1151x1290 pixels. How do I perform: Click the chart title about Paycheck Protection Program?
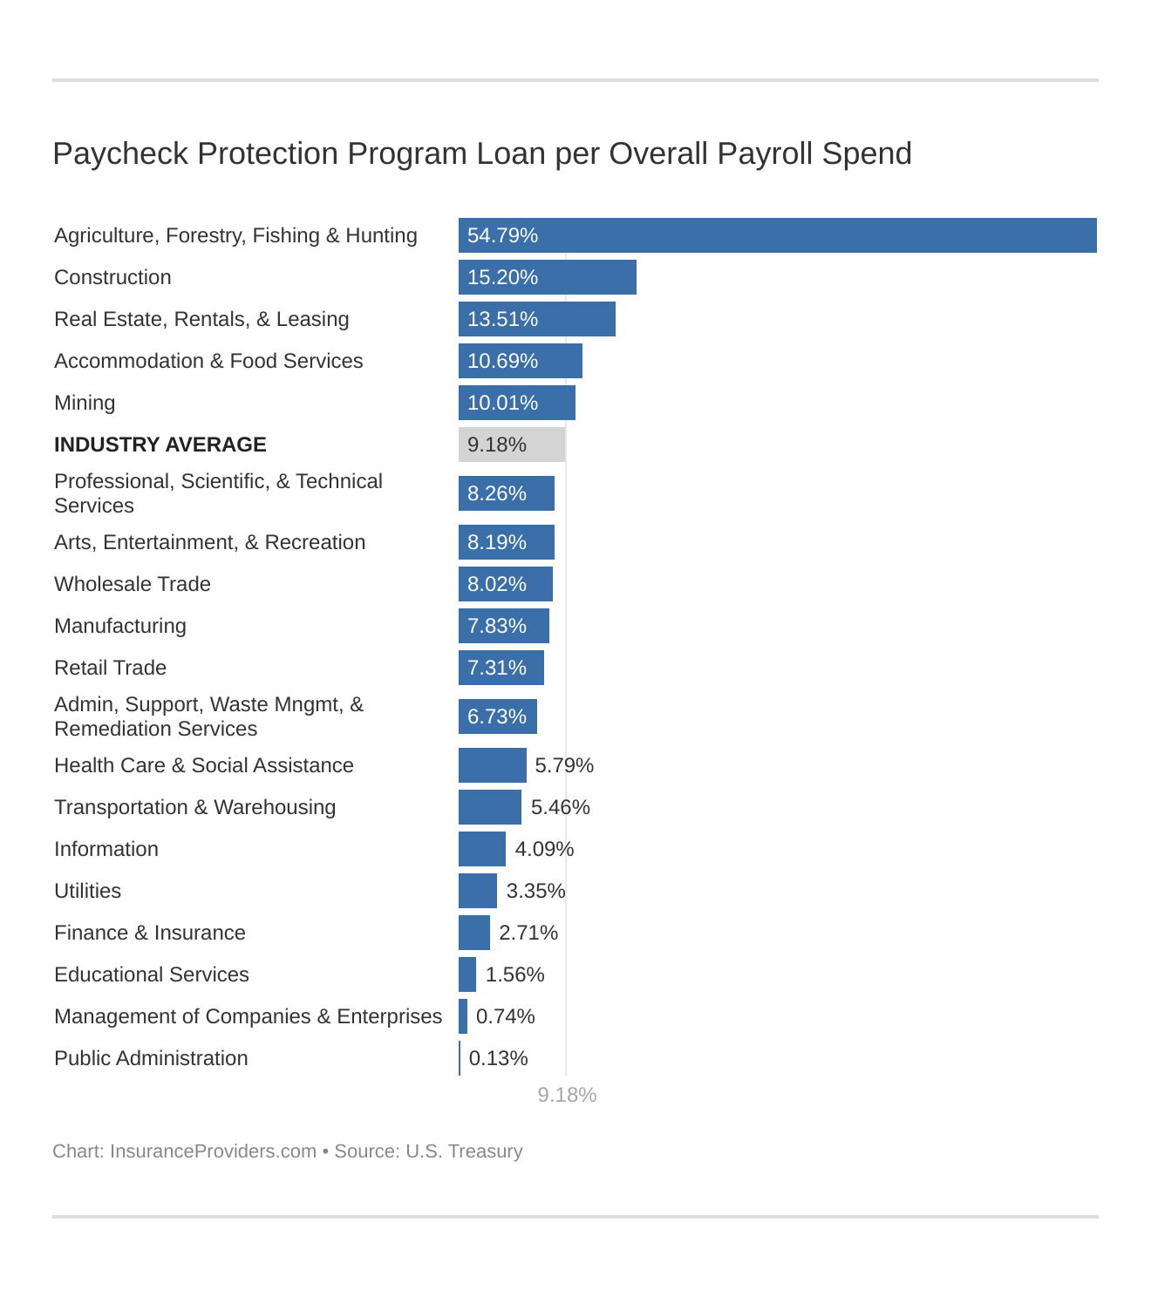click(482, 153)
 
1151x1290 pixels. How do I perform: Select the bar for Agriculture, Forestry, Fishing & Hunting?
click(777, 235)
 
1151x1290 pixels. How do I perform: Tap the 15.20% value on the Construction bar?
click(502, 277)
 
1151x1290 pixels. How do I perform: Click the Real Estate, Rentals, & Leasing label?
click(201, 319)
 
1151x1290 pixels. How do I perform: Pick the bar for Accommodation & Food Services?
click(521, 361)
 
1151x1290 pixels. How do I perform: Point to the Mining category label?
click(85, 403)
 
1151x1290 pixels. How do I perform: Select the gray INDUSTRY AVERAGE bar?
click(512, 445)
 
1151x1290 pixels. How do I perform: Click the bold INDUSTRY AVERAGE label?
click(160, 445)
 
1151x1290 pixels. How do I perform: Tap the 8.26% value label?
click(497, 493)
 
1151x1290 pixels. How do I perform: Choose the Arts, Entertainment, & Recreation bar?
click(507, 542)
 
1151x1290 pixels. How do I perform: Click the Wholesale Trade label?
click(133, 584)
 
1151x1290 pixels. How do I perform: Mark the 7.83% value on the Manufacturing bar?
click(497, 626)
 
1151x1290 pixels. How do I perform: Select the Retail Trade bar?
click(501, 668)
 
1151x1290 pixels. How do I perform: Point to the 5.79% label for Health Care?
click(564, 765)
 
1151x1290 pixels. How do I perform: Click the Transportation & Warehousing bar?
click(490, 807)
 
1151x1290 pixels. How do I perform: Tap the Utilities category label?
click(87, 891)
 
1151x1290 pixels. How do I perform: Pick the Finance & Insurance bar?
click(474, 933)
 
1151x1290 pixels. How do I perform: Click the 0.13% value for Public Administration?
click(499, 1058)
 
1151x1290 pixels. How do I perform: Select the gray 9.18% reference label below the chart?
click(567, 1095)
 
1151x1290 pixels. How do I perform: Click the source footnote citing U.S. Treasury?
click(288, 1151)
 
